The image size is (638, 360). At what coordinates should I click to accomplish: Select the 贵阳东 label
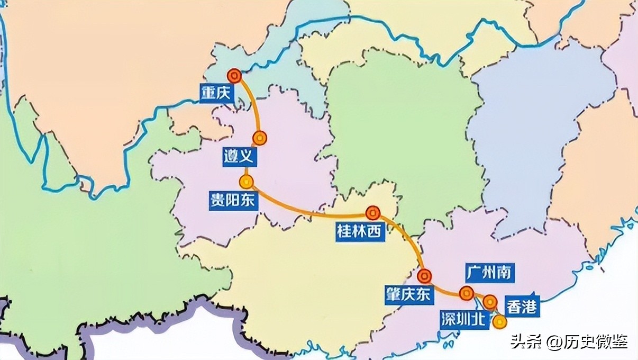point(232,201)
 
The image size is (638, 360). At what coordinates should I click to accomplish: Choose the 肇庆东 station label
point(408,294)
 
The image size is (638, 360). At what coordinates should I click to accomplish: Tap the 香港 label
point(522,307)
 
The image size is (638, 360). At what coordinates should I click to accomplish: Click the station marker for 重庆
point(234,76)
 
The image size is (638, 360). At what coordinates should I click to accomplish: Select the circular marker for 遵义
point(259,138)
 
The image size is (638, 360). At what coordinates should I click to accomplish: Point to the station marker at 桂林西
point(373,213)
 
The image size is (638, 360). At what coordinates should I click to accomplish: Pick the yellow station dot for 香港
point(499,321)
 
